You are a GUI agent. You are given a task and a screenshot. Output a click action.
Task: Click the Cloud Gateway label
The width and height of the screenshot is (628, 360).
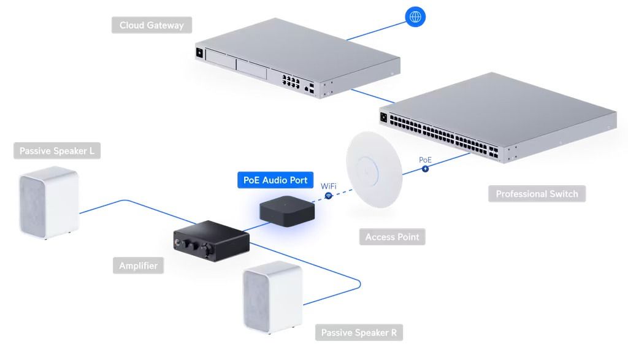pyautogui.click(x=151, y=26)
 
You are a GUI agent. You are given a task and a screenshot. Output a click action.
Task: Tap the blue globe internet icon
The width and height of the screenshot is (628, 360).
pyautogui.click(x=415, y=17)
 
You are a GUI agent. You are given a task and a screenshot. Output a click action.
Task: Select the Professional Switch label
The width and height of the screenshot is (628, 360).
pyautogui.click(x=537, y=194)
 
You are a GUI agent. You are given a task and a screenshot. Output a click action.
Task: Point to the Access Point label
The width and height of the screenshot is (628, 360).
pyautogui.click(x=392, y=237)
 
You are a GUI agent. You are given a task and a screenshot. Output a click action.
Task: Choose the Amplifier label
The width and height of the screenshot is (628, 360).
pyautogui.click(x=138, y=266)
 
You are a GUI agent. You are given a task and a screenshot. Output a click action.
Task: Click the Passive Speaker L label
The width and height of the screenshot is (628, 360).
pyautogui.click(x=57, y=151)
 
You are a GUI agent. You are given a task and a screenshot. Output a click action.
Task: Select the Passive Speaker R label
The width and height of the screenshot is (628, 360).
pyautogui.click(x=359, y=332)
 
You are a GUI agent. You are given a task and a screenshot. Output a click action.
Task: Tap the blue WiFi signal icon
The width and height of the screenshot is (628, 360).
pyautogui.click(x=329, y=195)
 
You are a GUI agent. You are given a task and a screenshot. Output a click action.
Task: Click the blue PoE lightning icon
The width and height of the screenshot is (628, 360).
pyautogui.click(x=425, y=168)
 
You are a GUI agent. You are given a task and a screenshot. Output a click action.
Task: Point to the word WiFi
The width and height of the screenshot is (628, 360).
pyautogui.click(x=329, y=186)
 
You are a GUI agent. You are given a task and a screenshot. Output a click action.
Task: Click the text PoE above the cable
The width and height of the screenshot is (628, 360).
pyautogui.click(x=425, y=159)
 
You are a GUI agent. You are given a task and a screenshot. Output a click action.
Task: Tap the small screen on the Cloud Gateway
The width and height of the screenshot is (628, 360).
pyautogui.click(x=200, y=52)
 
